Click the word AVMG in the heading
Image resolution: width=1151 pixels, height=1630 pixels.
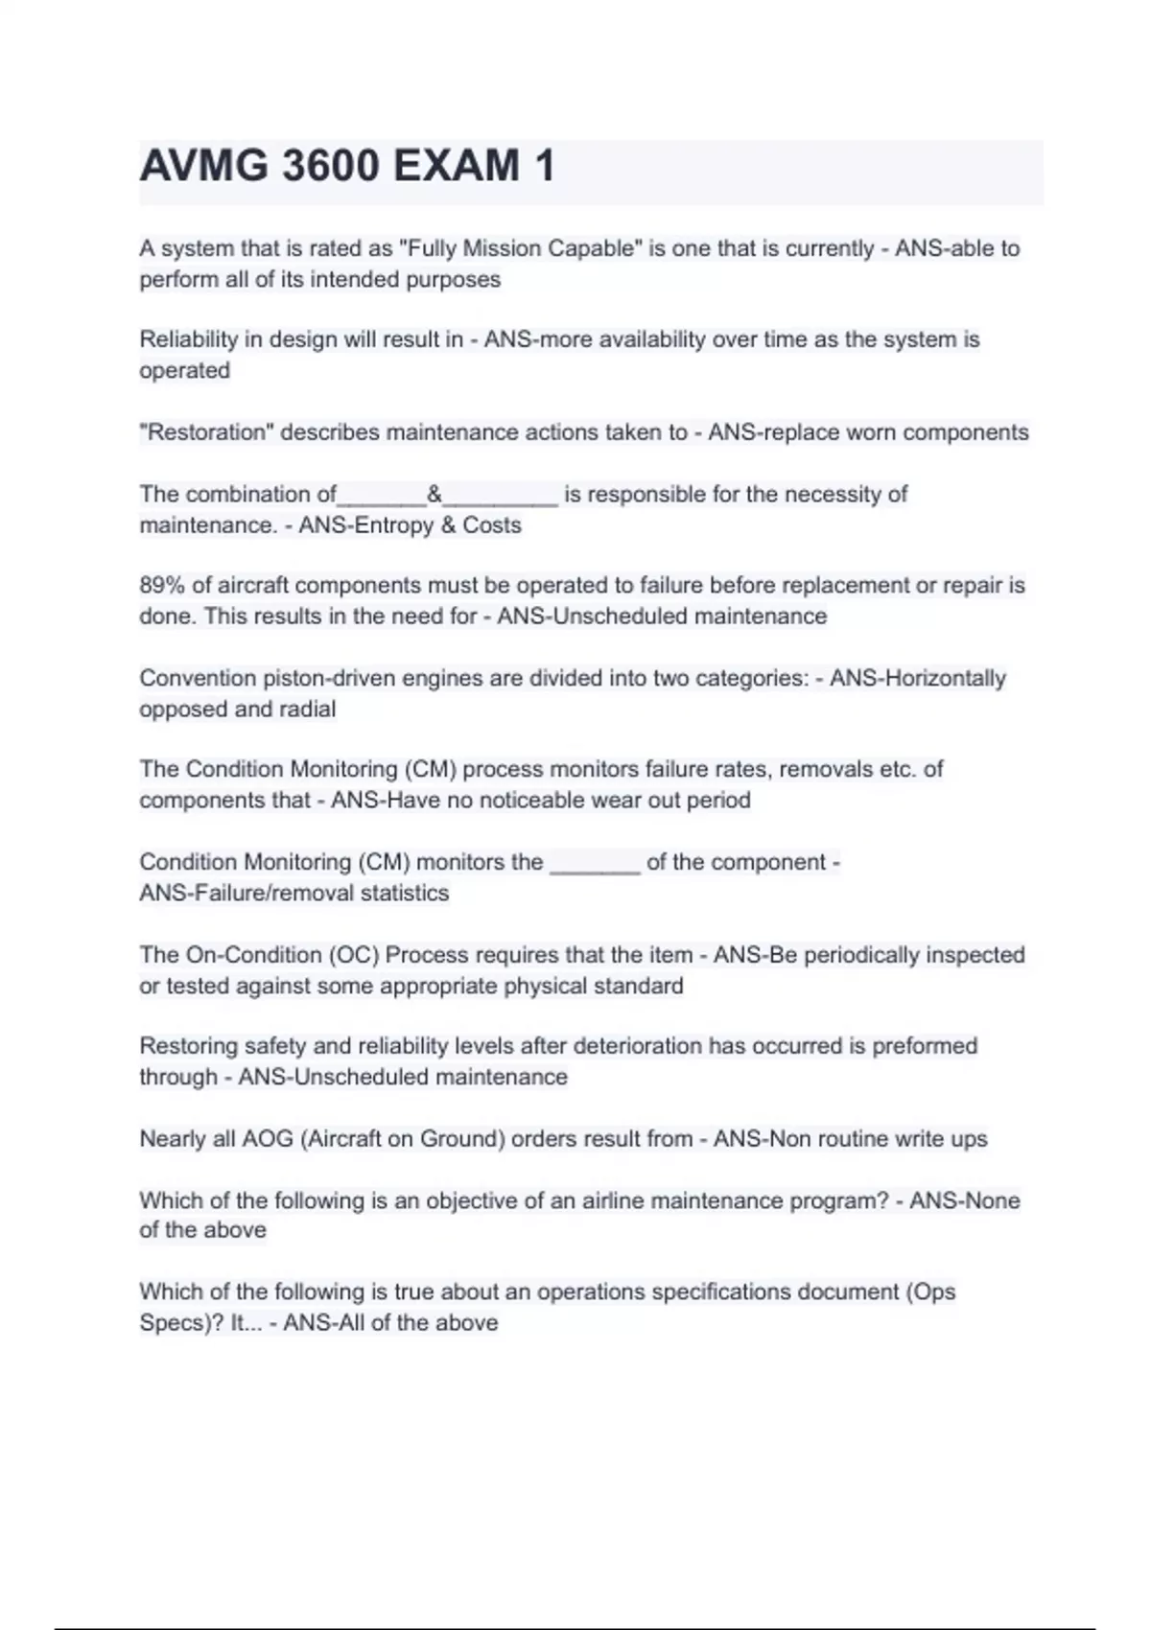click(x=204, y=166)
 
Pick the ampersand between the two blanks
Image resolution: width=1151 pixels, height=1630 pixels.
click(x=435, y=495)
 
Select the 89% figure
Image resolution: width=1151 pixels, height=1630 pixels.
click(x=162, y=586)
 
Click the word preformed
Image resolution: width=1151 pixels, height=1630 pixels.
click(x=925, y=1046)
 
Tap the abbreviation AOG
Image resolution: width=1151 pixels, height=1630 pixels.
click(x=268, y=1139)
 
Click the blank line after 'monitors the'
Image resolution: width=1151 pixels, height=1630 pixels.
click(x=595, y=863)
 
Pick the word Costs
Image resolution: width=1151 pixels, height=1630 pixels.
click(x=492, y=525)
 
